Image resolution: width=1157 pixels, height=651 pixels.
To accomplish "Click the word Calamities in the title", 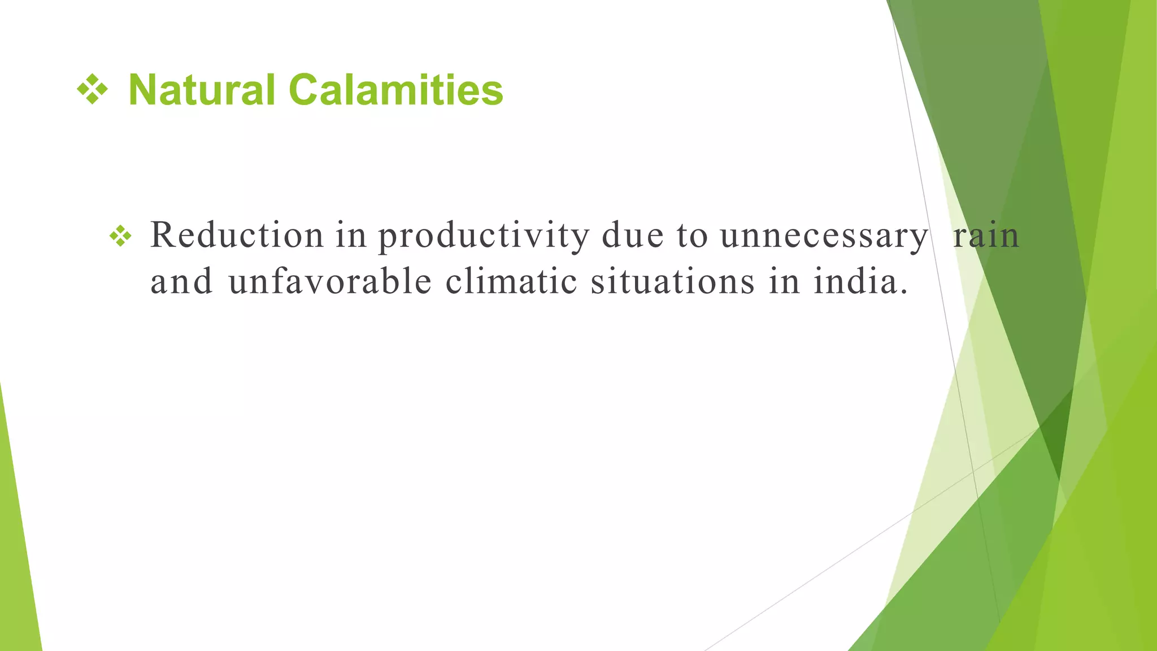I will point(395,90).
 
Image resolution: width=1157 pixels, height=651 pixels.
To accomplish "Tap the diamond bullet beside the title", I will point(92,89).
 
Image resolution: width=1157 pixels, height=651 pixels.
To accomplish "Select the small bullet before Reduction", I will point(120,236).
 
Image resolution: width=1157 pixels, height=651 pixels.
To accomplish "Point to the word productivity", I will point(484,236).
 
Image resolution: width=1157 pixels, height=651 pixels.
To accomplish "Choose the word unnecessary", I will point(824,236).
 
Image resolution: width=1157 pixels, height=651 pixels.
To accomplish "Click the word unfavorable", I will point(330,281).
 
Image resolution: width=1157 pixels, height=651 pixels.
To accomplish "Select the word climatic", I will point(511,281).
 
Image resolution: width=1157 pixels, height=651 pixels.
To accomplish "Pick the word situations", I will point(672,281).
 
